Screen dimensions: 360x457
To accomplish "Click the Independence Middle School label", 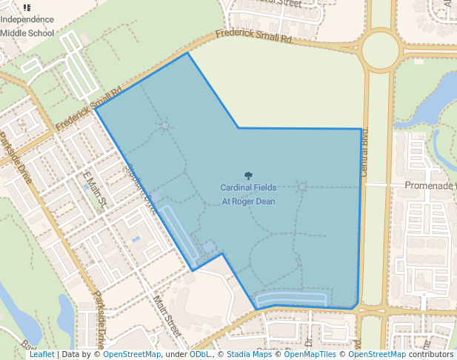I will (x=27, y=26).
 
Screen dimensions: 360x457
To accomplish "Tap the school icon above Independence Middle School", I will (x=27, y=7).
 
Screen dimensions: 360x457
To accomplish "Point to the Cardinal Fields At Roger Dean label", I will (x=248, y=194).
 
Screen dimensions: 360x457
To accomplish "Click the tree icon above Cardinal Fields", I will (x=248, y=176).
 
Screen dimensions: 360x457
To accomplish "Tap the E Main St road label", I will (x=96, y=190).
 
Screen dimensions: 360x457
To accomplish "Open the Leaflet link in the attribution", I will (x=41, y=355).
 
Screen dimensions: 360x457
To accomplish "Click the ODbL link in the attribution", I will (x=200, y=355).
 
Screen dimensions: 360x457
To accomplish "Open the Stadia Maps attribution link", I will (x=249, y=355).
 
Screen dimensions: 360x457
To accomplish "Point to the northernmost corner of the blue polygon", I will (x=187, y=53).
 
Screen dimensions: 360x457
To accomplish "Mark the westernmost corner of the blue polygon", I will (x=96, y=109).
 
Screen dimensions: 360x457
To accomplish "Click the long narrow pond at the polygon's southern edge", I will (x=291, y=299).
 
